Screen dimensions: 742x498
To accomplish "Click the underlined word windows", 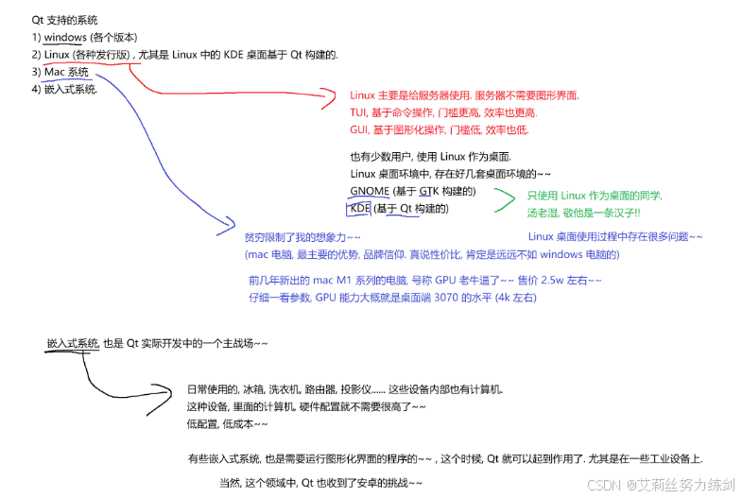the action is (64, 37).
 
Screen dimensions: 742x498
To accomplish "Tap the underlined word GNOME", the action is (370, 192).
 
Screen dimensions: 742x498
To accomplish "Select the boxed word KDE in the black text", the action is (360, 208).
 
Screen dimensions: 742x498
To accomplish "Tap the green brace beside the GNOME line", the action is (508, 200).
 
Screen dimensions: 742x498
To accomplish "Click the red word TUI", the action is (358, 112).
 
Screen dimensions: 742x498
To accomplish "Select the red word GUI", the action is (359, 129).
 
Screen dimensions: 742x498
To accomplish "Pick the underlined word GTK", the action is (429, 192).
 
